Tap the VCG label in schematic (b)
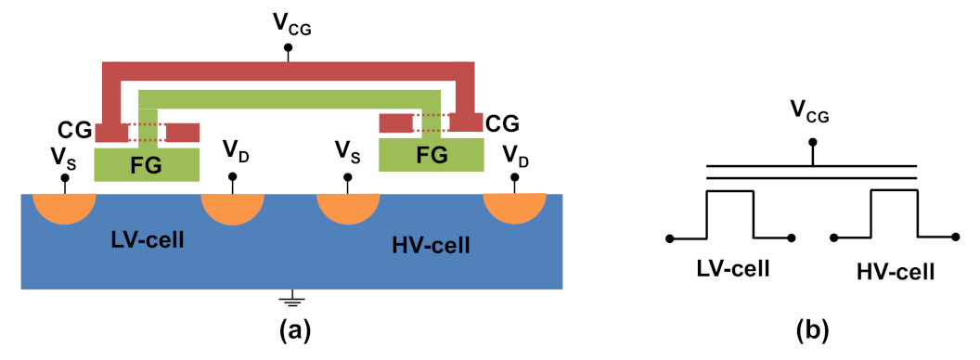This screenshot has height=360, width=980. [809, 116]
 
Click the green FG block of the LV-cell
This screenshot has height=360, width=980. [147, 164]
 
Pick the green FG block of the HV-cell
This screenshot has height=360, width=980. [432, 154]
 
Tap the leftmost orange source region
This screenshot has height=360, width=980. [64, 205]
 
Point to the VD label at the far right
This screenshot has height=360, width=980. [516, 157]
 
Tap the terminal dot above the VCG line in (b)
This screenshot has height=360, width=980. [814, 142]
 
